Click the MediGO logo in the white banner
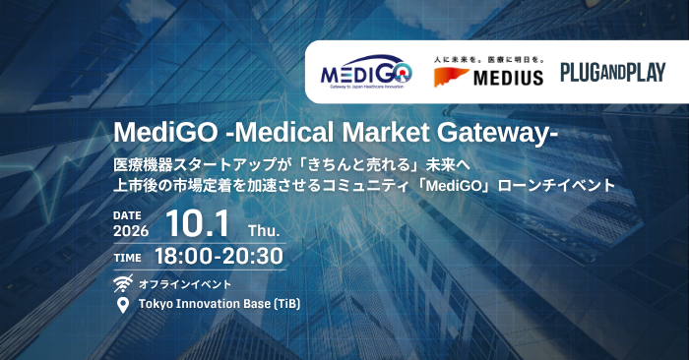pos(366,72)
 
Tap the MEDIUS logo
pos(488,72)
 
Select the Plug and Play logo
pos(613,73)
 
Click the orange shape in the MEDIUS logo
pos(451,78)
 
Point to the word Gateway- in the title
pos(497,132)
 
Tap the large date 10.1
pos(198,224)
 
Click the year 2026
pos(131,231)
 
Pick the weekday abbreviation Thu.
pos(264,231)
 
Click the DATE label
pos(127,215)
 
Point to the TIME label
pos(127,258)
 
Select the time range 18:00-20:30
pos(219,256)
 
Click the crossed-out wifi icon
pos(123,283)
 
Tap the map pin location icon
pos(123,305)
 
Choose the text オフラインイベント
pos(185,284)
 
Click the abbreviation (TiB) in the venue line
pos(287,304)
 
